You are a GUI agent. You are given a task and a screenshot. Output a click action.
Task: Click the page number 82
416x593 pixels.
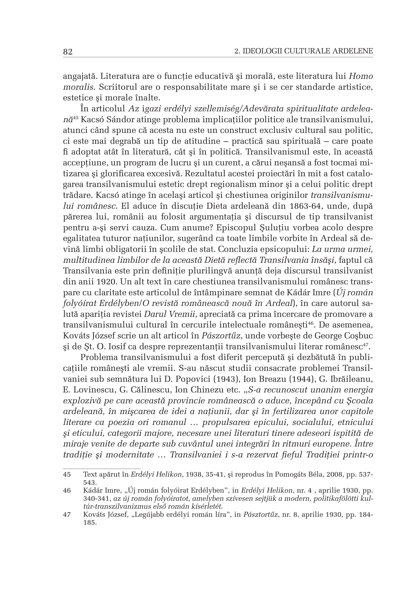click(68, 52)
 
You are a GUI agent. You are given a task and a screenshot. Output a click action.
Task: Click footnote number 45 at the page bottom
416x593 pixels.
click(67, 475)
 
